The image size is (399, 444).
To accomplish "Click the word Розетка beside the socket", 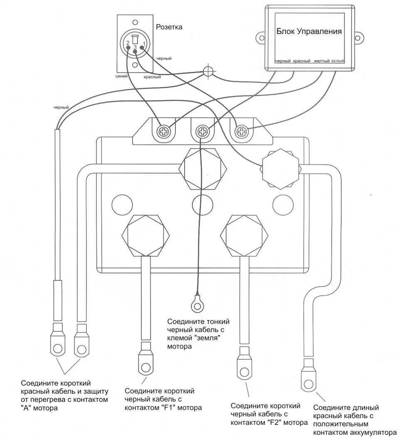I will coord(169,27).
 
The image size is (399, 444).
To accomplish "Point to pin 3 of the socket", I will coord(135,51).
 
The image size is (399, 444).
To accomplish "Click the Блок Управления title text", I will coord(309,32).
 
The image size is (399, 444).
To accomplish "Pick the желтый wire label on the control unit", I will coord(322,61).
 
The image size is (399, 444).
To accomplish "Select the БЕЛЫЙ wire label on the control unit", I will coord(338,61).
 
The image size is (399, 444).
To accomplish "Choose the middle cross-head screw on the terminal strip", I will coord(202,132).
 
